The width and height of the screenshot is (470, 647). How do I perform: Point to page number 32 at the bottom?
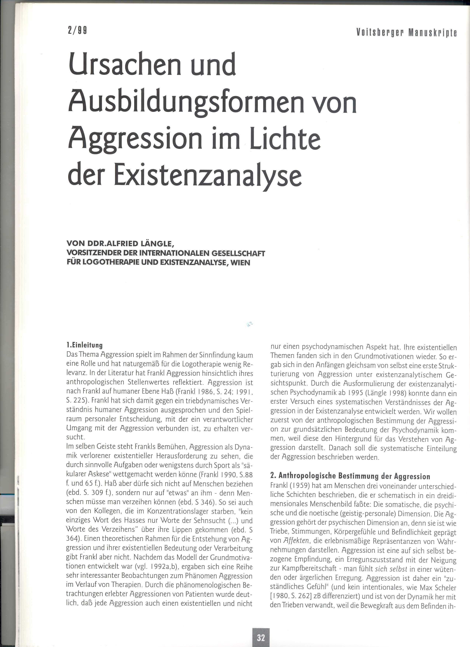[260, 636]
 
